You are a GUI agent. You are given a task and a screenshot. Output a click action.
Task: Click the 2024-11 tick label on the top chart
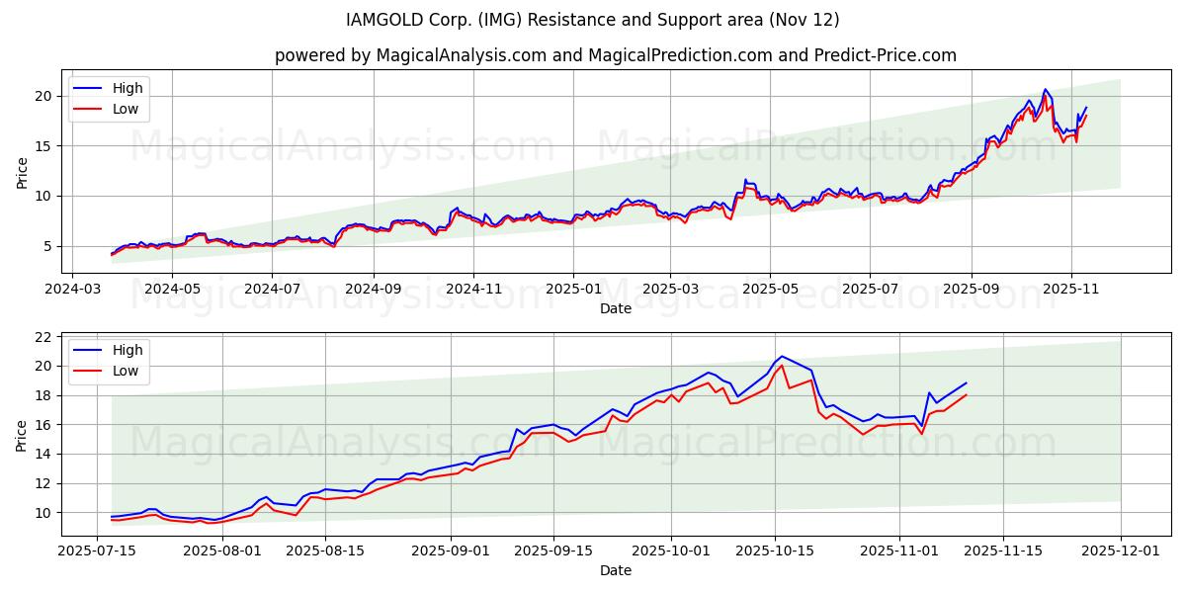[473, 291]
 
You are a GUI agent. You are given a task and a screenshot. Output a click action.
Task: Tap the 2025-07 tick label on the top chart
[870, 291]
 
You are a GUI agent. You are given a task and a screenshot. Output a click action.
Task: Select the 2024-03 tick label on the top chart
[71, 291]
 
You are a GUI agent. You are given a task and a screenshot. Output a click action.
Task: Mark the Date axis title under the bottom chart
[616, 570]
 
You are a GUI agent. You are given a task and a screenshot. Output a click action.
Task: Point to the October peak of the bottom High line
[781, 356]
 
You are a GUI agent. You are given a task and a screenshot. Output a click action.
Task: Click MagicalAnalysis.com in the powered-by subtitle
[462, 55]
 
